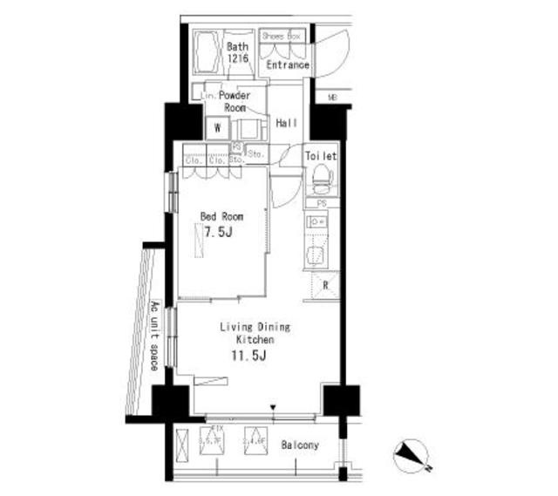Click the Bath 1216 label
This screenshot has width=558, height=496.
(238, 52)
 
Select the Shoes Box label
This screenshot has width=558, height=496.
(282, 37)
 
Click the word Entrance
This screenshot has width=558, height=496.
(288, 65)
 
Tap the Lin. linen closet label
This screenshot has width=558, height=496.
(209, 93)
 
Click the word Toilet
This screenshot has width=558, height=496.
(320, 156)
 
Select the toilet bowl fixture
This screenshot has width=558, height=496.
(321, 181)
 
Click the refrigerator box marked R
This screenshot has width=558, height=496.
(325, 286)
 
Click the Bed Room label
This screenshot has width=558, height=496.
(221, 216)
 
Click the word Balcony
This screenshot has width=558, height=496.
(300, 445)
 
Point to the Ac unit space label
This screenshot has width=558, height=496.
(153, 336)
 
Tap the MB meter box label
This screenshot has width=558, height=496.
(332, 97)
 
